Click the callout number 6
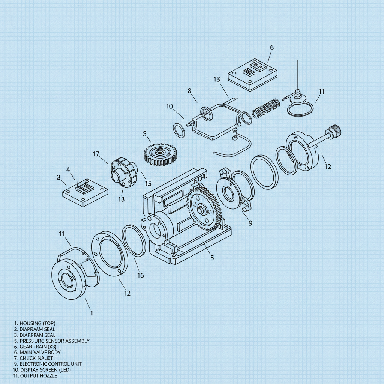[x=272, y=48]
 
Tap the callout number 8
[x=189, y=91]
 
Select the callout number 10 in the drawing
[x=169, y=106]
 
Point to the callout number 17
[x=96, y=154]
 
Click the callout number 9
[x=251, y=223]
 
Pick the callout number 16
[x=140, y=275]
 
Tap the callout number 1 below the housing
[x=91, y=312]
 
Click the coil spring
[x=265, y=108]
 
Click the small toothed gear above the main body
[x=160, y=153]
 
